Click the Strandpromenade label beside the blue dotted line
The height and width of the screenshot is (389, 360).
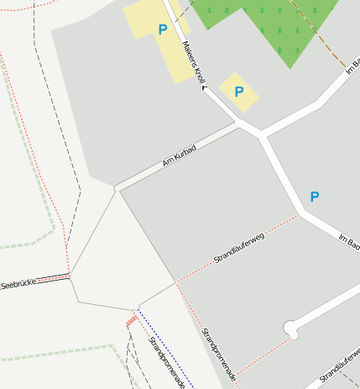point(166,361)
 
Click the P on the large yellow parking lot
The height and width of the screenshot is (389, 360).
point(163,30)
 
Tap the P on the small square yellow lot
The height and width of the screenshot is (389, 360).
point(238,92)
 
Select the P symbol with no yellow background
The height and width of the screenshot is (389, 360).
point(315,197)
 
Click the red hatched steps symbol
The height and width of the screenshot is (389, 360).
point(131,320)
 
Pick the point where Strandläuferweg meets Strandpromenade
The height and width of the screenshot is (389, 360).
point(176,282)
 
